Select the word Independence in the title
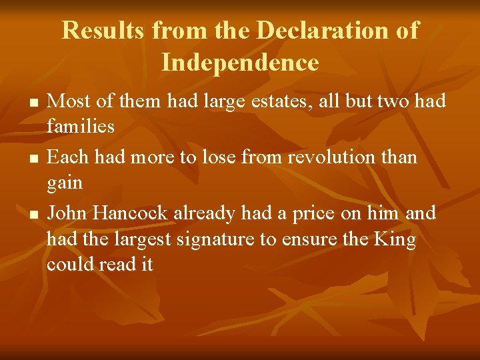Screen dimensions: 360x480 [x=240, y=63]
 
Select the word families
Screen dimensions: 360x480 [x=81, y=126]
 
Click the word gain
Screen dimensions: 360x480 [x=65, y=183]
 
